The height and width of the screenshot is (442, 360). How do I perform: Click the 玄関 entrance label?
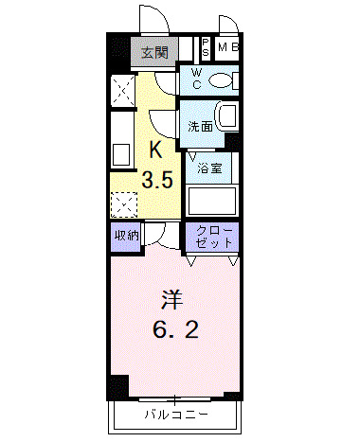tap(156, 53)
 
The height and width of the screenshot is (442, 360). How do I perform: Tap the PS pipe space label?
tap(206, 47)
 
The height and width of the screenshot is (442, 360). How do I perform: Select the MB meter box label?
tap(228, 47)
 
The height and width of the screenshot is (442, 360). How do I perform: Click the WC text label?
tap(195, 79)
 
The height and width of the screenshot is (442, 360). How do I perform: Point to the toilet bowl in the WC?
tap(223, 81)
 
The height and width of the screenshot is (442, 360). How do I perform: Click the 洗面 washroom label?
tap(199, 127)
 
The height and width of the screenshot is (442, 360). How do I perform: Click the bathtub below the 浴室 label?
tap(211, 201)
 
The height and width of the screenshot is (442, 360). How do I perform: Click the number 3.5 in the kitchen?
tap(157, 180)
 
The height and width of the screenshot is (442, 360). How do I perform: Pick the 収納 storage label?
tap(128, 236)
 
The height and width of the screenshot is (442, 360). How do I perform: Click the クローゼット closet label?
tap(213, 236)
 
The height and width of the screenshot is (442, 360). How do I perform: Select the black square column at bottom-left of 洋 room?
tap(117, 386)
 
